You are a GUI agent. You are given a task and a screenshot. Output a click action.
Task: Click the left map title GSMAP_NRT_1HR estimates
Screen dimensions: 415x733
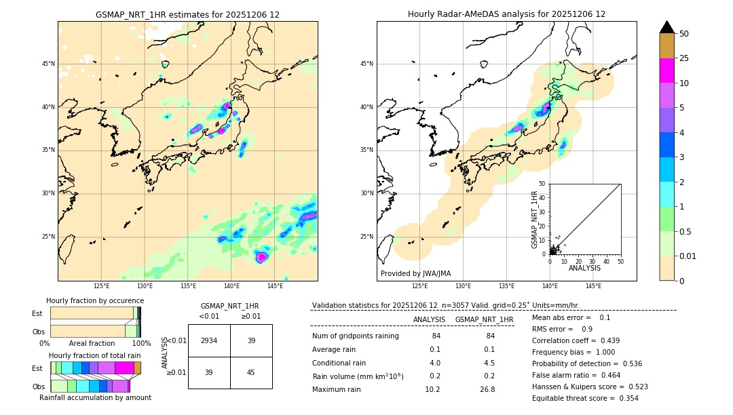pos(187,14)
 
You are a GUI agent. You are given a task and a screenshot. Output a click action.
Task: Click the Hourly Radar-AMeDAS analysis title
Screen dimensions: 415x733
pos(506,14)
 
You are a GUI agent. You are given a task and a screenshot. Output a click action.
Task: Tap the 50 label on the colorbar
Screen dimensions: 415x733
pos(684,34)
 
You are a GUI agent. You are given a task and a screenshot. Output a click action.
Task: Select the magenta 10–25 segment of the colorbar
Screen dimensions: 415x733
pos(666,71)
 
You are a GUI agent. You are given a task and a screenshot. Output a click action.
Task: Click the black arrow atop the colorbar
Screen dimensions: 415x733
pos(666,27)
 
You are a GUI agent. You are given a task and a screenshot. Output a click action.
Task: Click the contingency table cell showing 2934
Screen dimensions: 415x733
pos(209,340)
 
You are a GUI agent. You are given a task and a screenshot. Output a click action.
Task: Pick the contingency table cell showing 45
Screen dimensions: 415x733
pos(251,372)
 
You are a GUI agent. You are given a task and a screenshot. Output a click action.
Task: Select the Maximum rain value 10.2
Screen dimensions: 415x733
pos(432,390)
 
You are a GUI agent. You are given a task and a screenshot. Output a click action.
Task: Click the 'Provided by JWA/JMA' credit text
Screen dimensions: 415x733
pos(415,274)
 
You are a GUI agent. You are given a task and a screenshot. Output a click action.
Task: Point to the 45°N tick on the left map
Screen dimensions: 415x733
pos(48,64)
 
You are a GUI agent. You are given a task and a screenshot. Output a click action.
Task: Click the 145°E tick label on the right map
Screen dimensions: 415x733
pos(593,286)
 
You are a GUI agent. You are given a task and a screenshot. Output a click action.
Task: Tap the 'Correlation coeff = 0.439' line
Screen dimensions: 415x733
pos(575,341)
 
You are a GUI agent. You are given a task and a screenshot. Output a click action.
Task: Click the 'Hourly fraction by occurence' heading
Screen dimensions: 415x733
pos(95,300)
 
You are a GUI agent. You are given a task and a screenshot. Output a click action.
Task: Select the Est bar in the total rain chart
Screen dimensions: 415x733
pos(96,368)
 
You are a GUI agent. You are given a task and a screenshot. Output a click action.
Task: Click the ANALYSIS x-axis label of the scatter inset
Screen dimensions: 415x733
pos(584,269)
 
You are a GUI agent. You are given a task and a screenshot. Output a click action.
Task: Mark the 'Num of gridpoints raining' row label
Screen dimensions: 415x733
pos(356,336)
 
